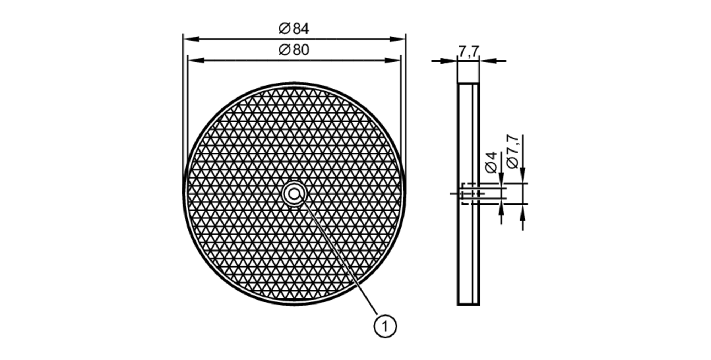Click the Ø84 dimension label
click(294, 29)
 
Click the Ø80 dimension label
click(294, 50)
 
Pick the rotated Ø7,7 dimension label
click(513, 151)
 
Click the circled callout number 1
click(385, 326)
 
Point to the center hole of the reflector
click(294, 194)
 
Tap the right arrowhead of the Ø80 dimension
click(392, 60)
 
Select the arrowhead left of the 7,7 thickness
click(449, 61)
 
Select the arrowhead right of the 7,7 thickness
click(488, 61)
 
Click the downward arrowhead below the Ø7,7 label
click(523, 174)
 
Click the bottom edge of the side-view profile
click(468, 305)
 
